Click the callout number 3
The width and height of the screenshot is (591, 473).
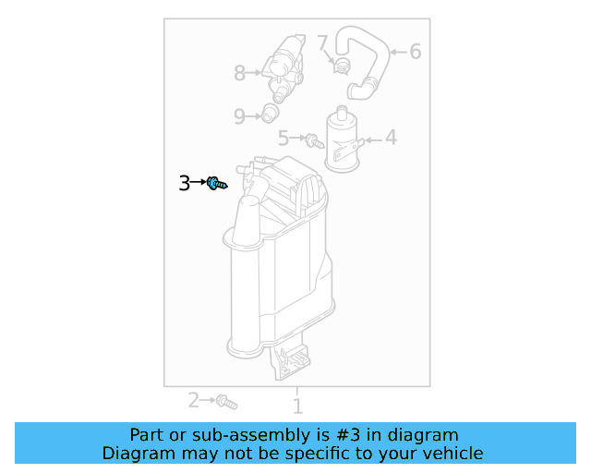185,183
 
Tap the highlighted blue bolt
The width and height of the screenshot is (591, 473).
216,184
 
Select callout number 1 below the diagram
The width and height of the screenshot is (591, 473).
297,405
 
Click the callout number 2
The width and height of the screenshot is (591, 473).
194,400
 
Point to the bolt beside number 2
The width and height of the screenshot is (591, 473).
226,402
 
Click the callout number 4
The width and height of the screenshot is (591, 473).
392,139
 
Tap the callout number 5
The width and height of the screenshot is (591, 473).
284,139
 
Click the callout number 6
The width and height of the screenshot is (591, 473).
416,52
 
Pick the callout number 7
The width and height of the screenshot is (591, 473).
322,42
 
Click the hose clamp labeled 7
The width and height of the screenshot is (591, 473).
341,65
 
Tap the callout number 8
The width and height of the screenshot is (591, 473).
240,71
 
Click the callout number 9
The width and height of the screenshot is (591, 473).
239,116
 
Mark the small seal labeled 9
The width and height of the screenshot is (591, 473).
270,114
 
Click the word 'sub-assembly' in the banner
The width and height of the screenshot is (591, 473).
210,434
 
